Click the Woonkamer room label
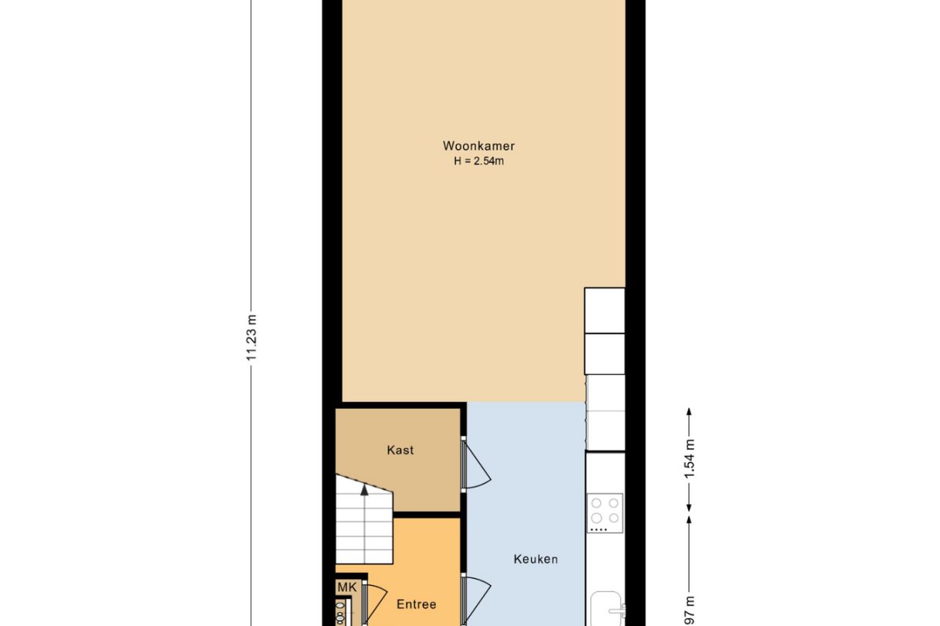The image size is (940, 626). [478, 146]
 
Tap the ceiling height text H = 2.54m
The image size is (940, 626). [478, 161]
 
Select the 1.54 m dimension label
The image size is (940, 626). [690, 459]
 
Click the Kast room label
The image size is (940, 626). [400, 450]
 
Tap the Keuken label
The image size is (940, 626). [535, 559]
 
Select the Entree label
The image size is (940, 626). [416, 604]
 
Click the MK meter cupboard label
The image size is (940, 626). [347, 588]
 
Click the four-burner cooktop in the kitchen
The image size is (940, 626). [605, 511]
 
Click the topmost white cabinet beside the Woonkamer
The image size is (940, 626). [604, 310]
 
